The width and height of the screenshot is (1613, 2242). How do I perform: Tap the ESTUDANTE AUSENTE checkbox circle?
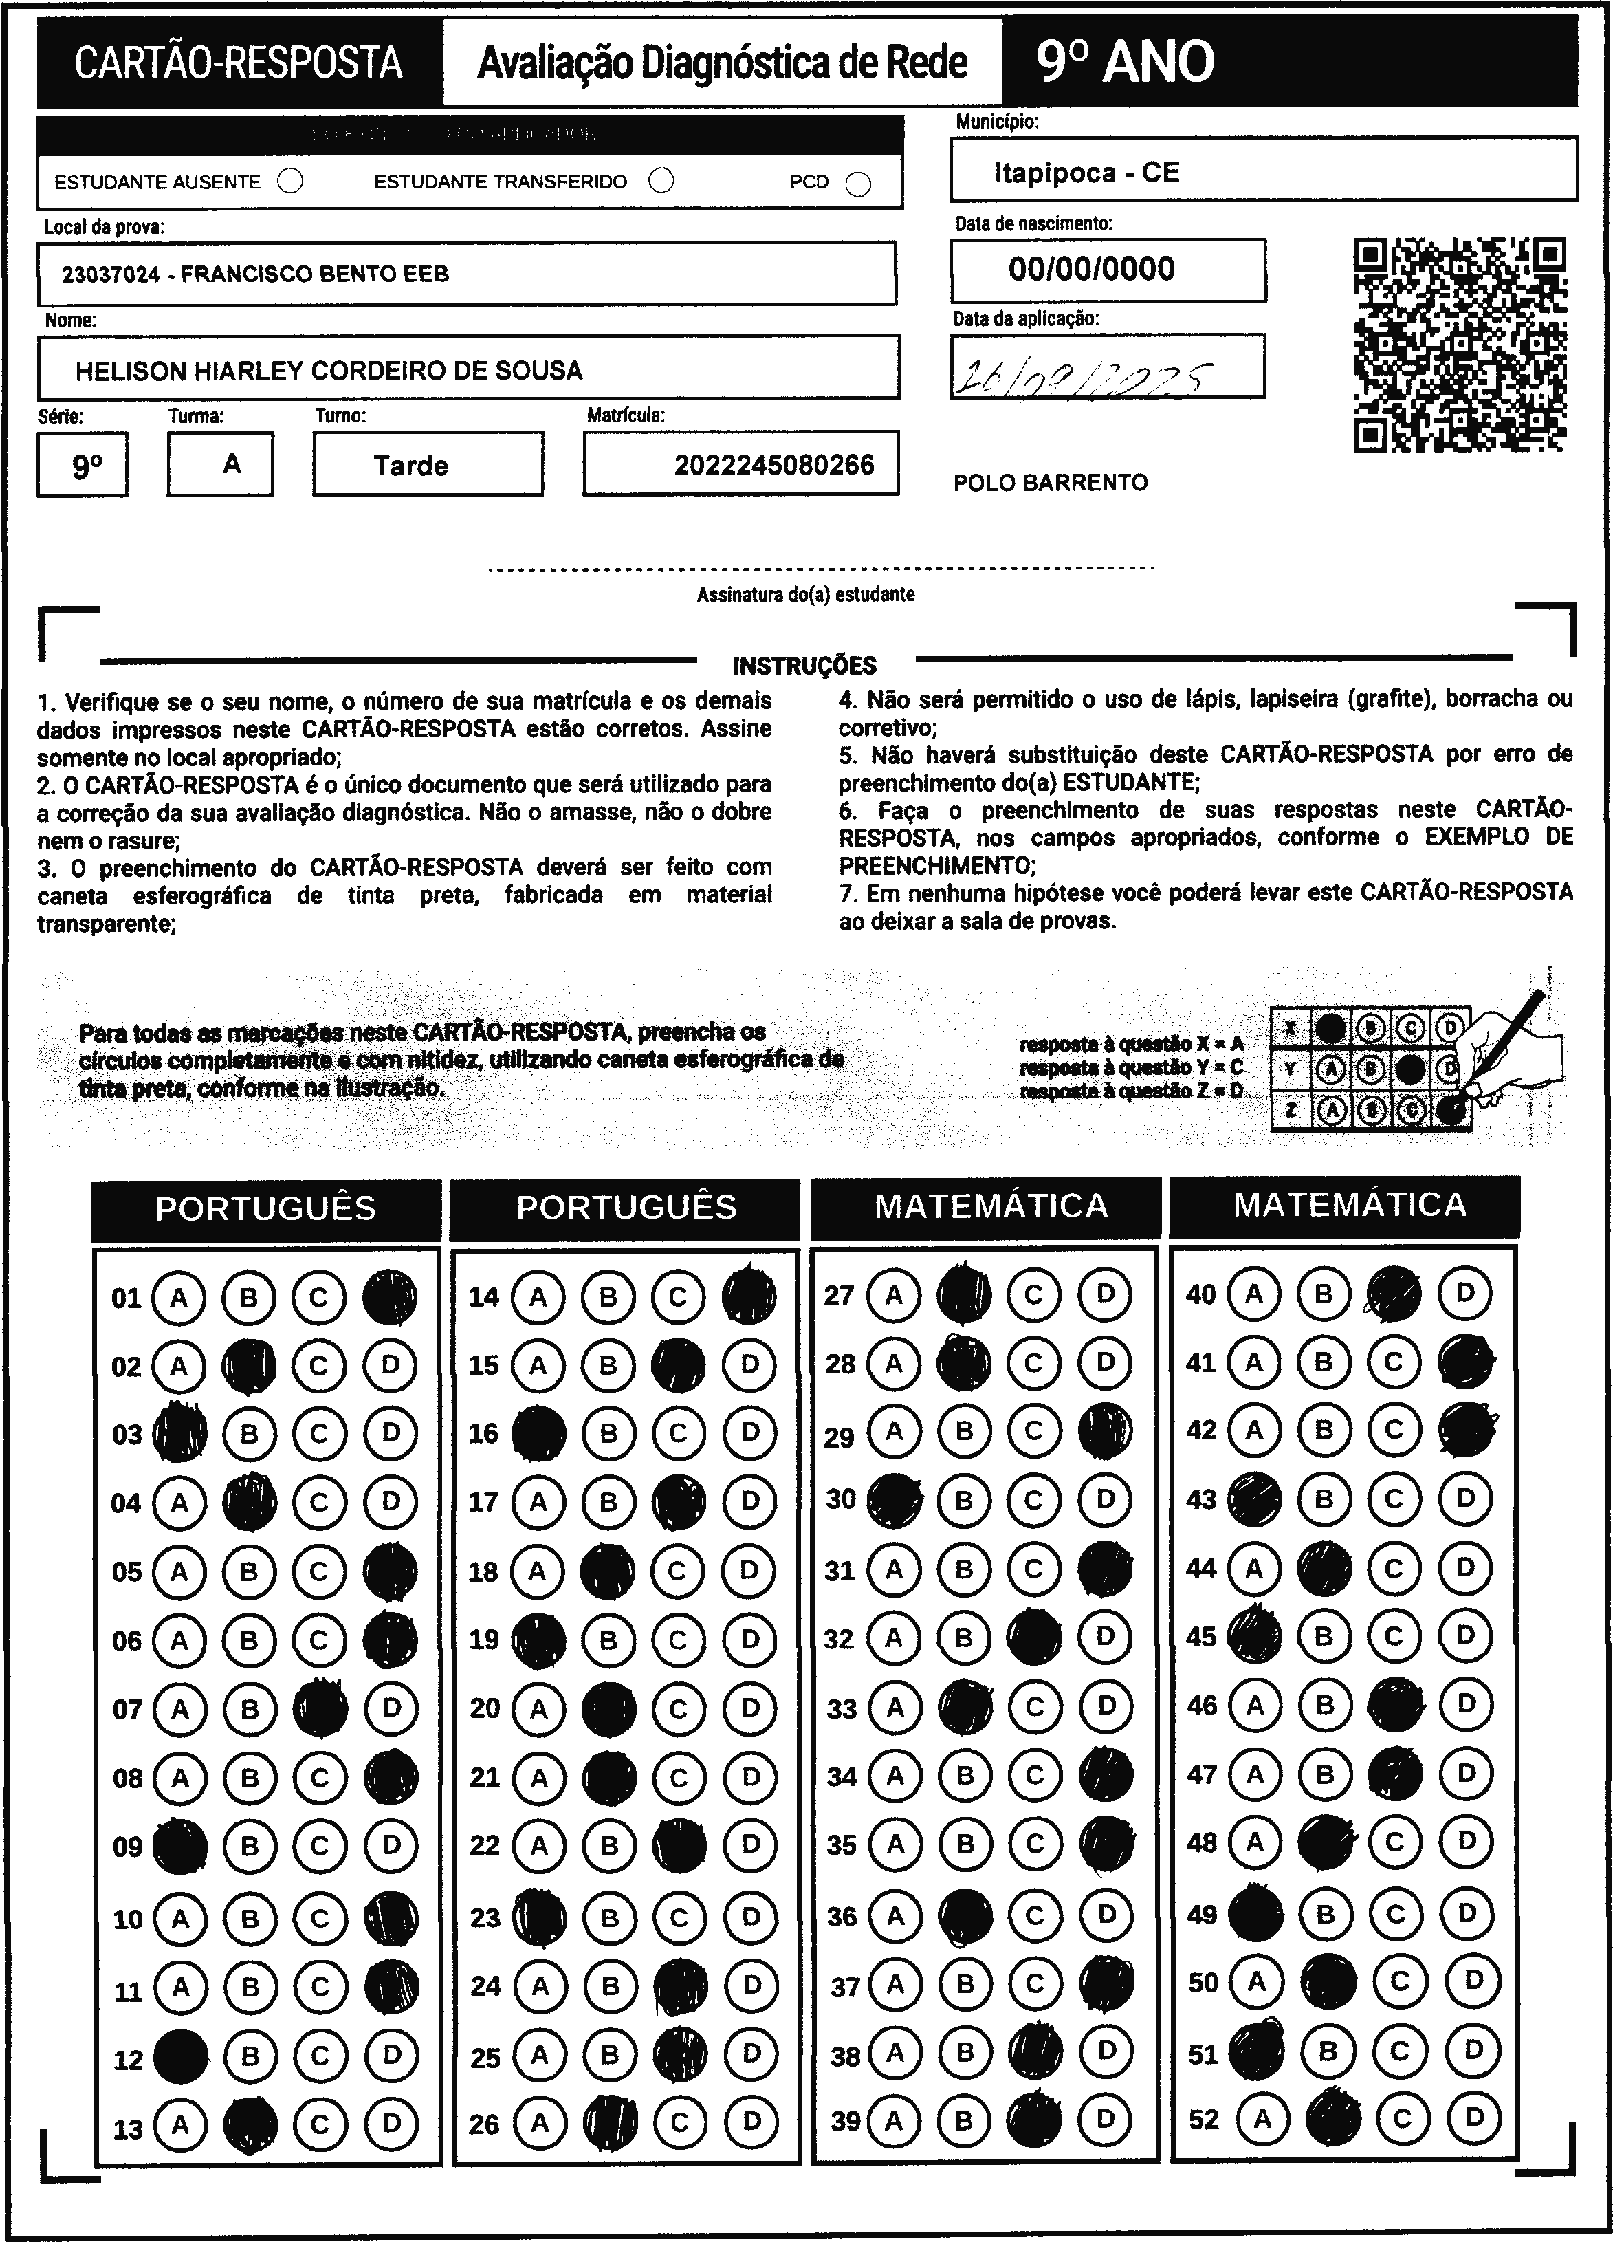(291, 182)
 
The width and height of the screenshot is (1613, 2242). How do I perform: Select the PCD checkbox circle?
(859, 184)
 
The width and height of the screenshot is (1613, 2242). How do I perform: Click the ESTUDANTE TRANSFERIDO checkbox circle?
(661, 181)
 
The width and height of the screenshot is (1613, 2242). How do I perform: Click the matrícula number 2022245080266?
(774, 465)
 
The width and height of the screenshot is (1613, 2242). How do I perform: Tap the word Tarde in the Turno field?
(410, 466)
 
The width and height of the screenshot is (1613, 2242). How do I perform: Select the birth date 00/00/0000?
(1091, 269)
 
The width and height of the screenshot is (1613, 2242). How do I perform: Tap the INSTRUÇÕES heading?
(804, 665)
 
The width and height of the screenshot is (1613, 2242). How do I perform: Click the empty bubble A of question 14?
(538, 1296)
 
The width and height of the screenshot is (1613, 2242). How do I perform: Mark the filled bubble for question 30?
(894, 1500)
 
